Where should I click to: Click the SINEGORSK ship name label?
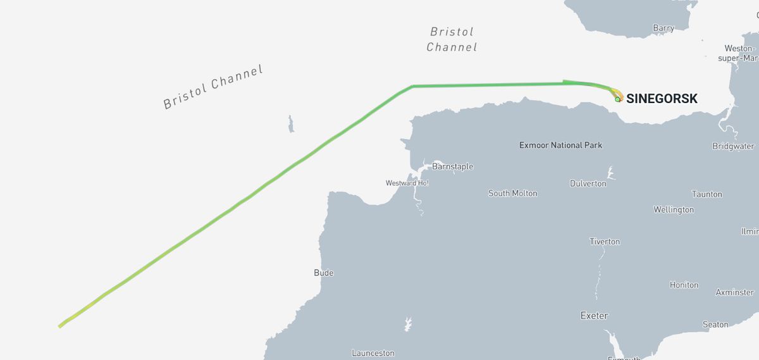tap(662, 99)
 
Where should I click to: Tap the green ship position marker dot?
tap(617, 99)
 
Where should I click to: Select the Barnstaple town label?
tap(452, 166)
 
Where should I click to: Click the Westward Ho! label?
tap(407, 183)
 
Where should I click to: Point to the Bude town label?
tap(323, 273)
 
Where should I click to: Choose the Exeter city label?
tap(594, 315)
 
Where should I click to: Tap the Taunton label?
tap(707, 194)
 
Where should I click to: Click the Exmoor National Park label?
tap(560, 145)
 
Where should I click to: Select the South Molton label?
tap(512, 193)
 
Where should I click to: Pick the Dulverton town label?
tap(588, 183)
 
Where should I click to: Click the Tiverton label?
tap(605, 241)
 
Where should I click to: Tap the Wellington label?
tap(673, 209)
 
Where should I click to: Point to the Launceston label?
tap(373, 353)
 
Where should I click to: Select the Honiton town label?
tap(684, 285)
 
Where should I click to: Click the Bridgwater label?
tap(733, 146)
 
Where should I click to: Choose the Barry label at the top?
tap(663, 28)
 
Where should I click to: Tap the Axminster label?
tap(734, 292)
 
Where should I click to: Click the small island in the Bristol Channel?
tap(291, 123)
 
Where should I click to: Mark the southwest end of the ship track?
tap(59, 326)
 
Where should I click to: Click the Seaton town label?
tap(715, 324)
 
